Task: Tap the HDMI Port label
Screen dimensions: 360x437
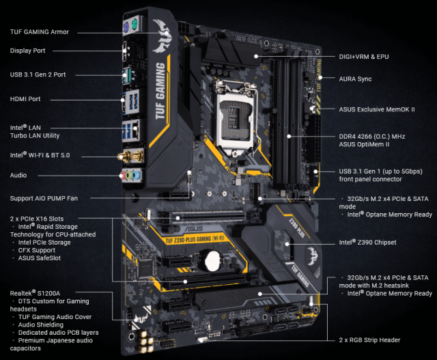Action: [x=25, y=99]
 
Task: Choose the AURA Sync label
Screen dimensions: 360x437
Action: [x=356, y=79]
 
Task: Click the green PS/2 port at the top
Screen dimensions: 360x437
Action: [x=132, y=28]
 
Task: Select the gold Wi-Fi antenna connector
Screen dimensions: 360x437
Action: [x=126, y=156]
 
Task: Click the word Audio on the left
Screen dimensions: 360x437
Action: [x=18, y=176]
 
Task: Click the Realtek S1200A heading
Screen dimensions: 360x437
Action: [x=35, y=292]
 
